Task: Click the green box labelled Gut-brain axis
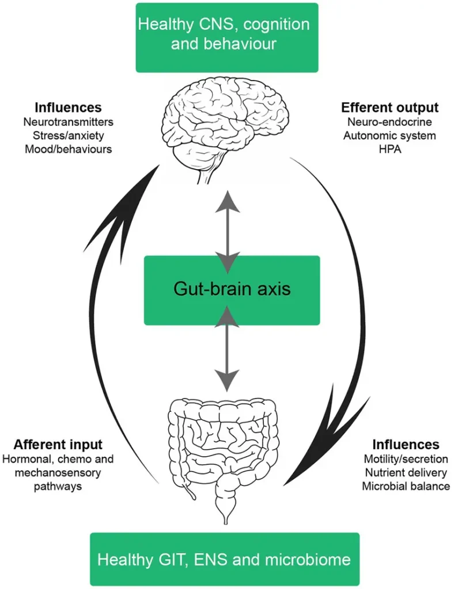[231, 290]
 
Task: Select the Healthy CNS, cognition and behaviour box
[226, 37]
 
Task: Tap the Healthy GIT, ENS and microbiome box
[224, 559]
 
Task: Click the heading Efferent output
[389, 108]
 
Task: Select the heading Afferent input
[58, 445]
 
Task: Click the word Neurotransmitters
[68, 123]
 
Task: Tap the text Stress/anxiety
[68, 136]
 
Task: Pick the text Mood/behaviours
[68, 149]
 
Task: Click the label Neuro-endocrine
[389, 123]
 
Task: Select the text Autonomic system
[389, 136]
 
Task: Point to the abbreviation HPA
[389, 149]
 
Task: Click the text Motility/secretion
[406, 460]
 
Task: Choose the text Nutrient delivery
[406, 473]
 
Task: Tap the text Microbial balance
[406, 486]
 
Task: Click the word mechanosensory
[58, 473]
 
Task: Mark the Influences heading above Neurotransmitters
[68, 108]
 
